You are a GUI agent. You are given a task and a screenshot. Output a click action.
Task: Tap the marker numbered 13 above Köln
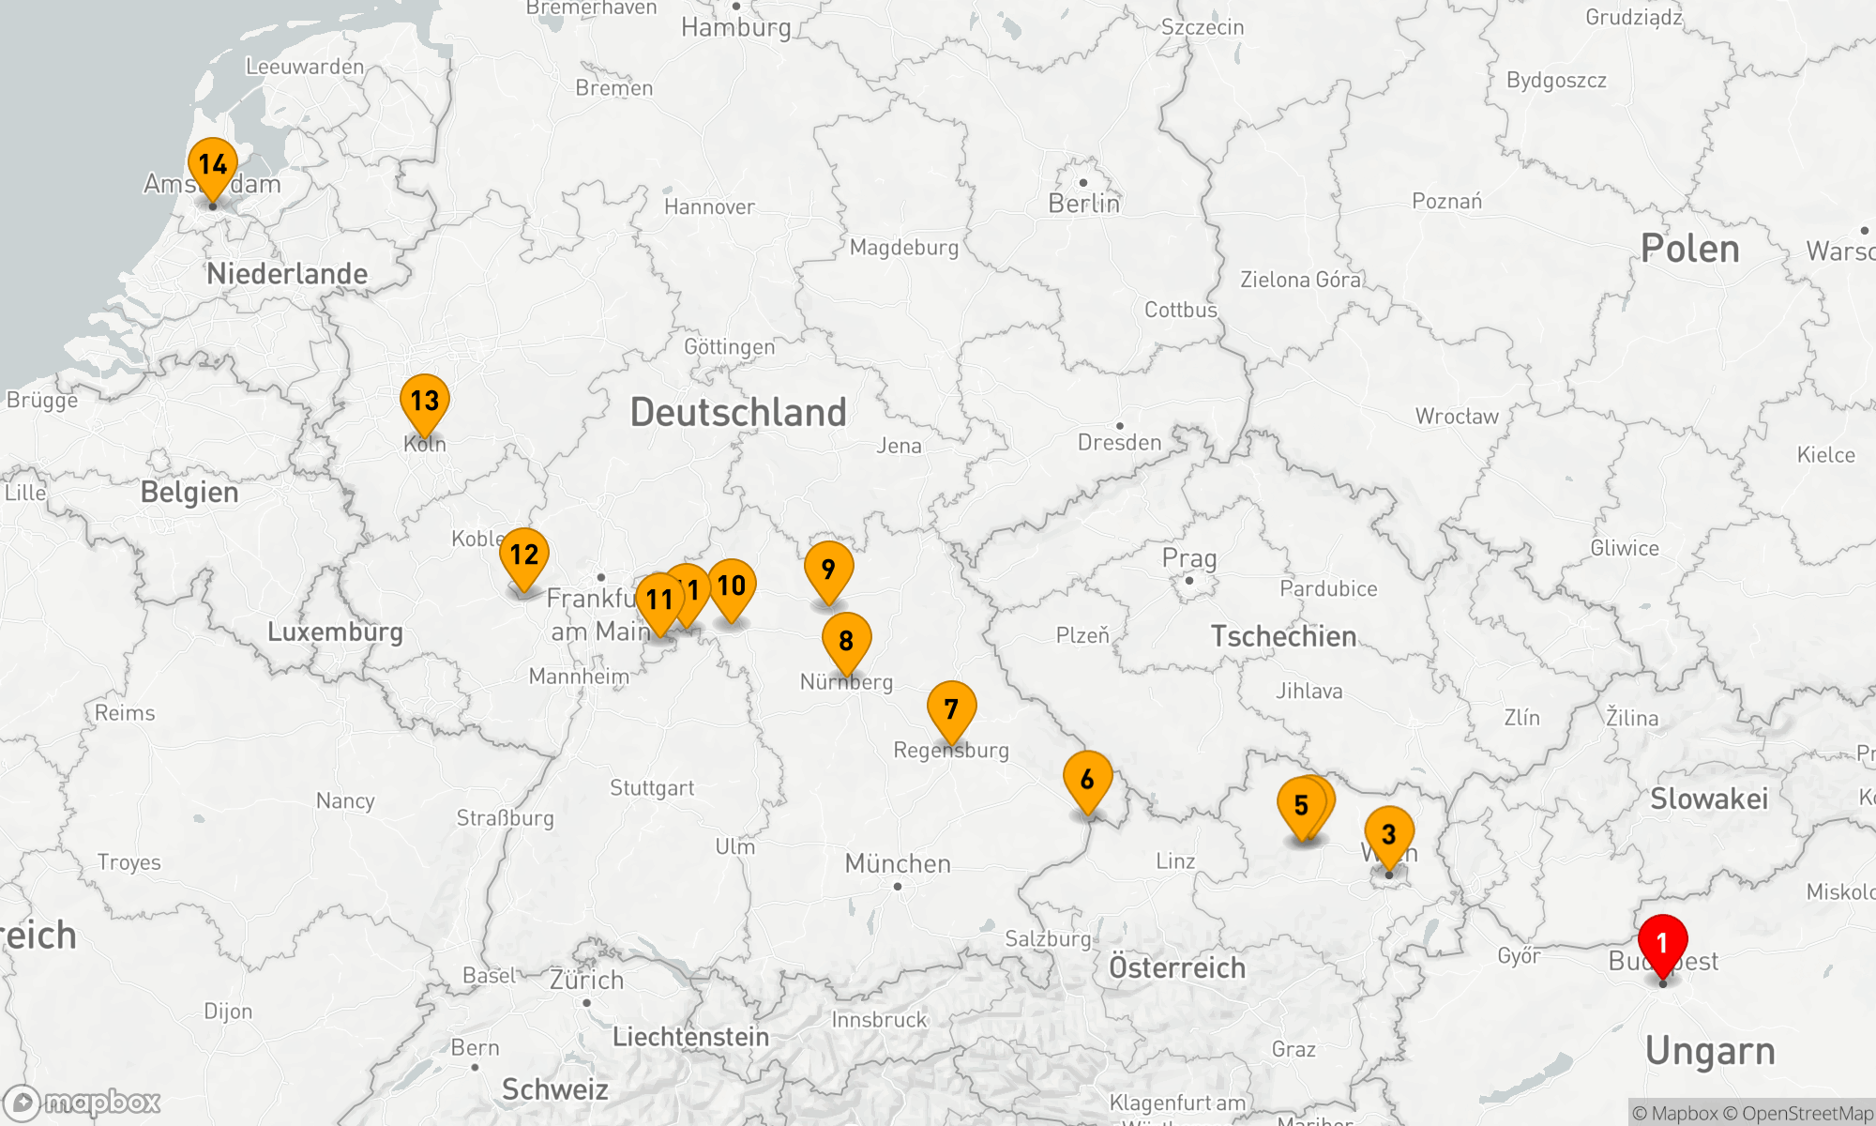coord(425,402)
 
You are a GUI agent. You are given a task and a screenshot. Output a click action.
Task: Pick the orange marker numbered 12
coord(524,555)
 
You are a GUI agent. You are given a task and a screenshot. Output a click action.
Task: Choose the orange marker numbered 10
coord(732,586)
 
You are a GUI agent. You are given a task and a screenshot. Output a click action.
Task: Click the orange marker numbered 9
coord(828,570)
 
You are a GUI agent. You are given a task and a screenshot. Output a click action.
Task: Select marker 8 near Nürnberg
coord(846,641)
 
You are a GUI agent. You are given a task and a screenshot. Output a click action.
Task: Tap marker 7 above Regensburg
coord(951,709)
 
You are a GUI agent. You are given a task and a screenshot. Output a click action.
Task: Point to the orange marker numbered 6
coord(1087,780)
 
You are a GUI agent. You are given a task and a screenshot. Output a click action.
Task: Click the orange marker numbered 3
coord(1389,834)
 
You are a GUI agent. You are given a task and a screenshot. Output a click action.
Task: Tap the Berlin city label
coord(1083,204)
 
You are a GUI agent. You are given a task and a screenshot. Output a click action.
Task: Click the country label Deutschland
coord(738,413)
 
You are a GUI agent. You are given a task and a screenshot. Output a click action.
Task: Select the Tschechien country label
coord(1283,636)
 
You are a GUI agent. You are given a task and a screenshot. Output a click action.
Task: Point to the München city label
coord(898,863)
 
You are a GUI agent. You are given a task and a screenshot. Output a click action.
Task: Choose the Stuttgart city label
coord(652,788)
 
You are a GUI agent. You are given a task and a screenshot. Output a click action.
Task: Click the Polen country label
coord(1689,249)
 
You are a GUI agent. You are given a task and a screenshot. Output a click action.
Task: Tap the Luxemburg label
coord(335,631)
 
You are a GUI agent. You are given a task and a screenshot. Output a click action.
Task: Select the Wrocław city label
coord(1457,417)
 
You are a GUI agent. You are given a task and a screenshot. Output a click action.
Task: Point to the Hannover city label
coord(709,207)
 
